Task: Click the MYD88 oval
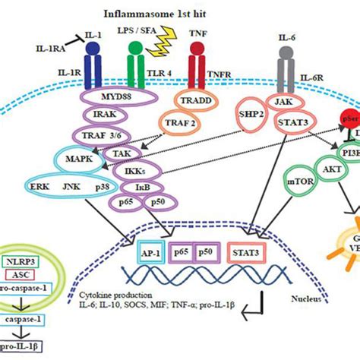112,100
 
